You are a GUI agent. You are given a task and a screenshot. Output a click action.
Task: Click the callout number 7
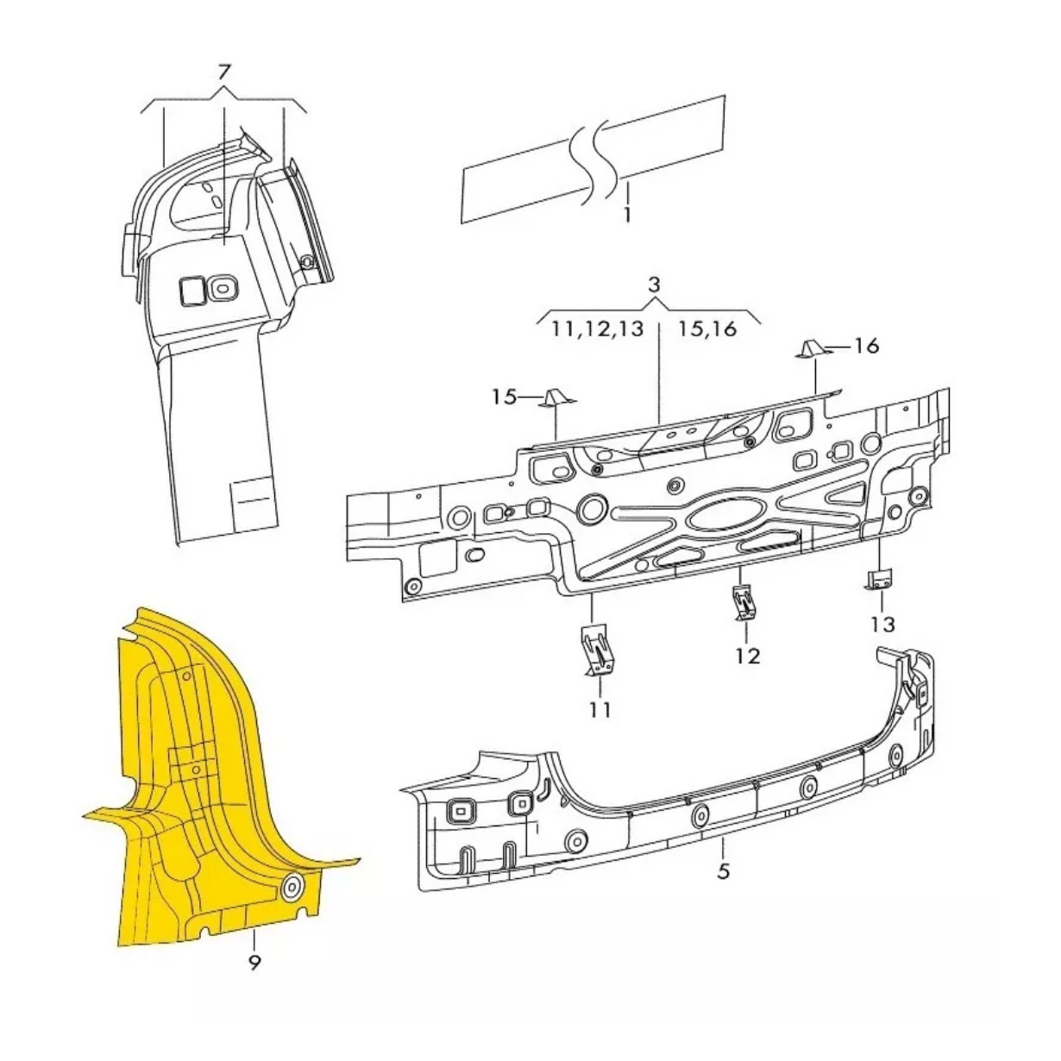click(x=224, y=73)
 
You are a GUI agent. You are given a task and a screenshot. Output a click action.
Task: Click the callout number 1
click(x=626, y=215)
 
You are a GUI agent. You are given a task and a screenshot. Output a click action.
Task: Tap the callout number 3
click(x=654, y=285)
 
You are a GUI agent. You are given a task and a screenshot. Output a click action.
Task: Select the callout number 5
click(x=723, y=871)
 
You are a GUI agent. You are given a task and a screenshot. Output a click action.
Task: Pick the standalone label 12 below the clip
click(x=748, y=656)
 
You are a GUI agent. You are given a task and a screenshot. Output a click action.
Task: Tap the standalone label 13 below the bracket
click(x=882, y=625)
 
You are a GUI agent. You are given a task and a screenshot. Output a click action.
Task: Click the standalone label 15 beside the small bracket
click(x=505, y=397)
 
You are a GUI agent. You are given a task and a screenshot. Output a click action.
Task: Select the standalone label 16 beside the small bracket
click(x=866, y=346)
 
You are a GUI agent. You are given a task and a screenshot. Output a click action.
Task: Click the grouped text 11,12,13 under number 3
click(x=598, y=330)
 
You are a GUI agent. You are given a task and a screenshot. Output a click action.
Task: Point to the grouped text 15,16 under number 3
click(x=707, y=330)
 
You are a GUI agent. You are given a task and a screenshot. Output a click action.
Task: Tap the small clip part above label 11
click(x=597, y=650)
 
